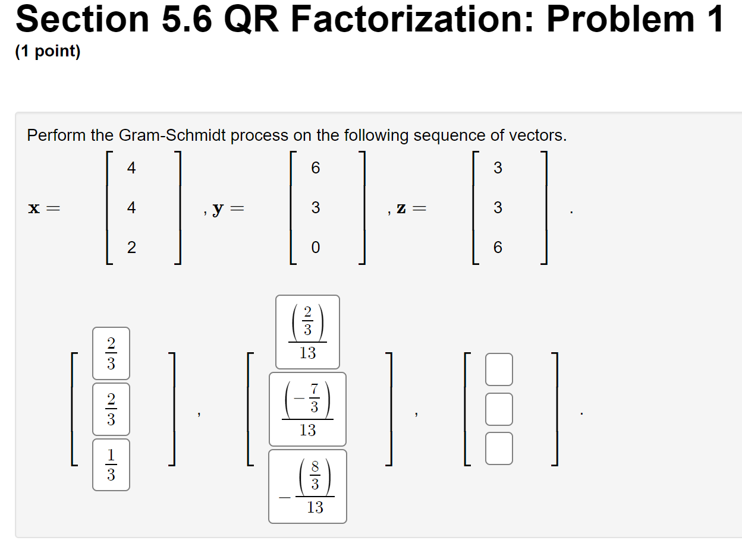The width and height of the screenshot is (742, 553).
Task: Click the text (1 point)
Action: tap(48, 52)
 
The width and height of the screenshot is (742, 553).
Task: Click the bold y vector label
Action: tap(218, 208)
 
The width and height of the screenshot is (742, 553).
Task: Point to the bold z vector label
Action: tap(402, 208)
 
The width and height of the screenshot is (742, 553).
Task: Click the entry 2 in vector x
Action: tap(131, 247)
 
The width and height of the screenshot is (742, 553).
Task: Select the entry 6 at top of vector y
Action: tap(315, 169)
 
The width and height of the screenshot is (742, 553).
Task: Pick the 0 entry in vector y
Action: tap(315, 247)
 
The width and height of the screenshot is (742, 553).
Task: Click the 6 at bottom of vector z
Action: tap(498, 247)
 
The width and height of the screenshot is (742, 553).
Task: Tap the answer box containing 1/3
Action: tap(111, 464)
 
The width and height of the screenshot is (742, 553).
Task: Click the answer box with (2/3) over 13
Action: tap(307, 332)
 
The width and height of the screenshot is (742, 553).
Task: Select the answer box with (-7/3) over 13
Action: tap(307, 409)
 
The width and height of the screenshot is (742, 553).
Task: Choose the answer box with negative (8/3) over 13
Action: tap(307, 486)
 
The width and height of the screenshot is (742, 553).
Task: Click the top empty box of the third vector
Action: tap(499, 370)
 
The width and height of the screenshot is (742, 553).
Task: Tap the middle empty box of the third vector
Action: tap(499, 409)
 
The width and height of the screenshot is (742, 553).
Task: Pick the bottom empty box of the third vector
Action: tap(499, 448)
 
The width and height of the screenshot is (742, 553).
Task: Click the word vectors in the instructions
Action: tap(537, 135)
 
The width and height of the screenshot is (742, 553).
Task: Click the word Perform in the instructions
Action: tap(56, 135)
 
